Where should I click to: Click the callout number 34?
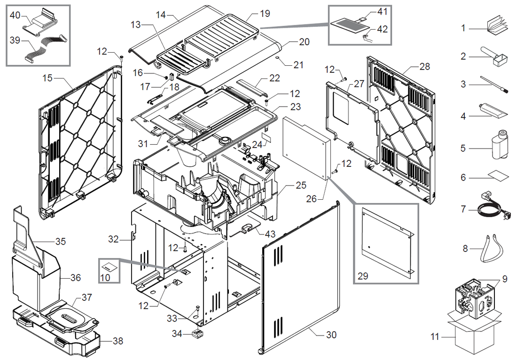177,334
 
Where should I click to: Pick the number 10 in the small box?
105,277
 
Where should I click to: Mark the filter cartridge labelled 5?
500,146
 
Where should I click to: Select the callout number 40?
15,15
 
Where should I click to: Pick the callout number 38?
117,341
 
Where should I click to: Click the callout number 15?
47,77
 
